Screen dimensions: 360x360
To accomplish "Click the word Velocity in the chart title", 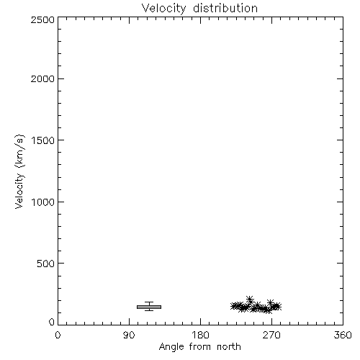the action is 164,9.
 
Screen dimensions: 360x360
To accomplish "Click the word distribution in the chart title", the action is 225,9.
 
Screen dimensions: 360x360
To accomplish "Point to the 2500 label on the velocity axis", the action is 42,19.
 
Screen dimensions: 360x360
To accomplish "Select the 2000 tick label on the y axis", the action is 42,78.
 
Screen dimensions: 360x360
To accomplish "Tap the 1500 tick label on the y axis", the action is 43,140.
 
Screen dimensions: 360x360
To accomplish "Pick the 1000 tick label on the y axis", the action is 43,202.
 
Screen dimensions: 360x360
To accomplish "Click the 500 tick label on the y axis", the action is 46,264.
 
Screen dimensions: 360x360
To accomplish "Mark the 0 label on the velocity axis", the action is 52,322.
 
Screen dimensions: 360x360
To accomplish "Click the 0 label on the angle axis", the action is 58,335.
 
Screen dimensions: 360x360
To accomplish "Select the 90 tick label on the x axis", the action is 129,335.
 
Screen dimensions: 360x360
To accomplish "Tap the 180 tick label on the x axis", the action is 200,335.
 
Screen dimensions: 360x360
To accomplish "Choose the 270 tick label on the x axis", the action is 271,335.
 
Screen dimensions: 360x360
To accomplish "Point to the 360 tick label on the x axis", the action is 343,335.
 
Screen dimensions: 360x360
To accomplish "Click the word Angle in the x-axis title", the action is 171,347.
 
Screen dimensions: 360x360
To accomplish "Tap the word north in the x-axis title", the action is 229,347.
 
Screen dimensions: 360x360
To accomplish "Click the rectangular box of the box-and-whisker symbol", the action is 149,307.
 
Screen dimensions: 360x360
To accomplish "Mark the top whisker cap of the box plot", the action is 149,302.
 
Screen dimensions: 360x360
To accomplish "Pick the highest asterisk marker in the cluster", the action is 250,300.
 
